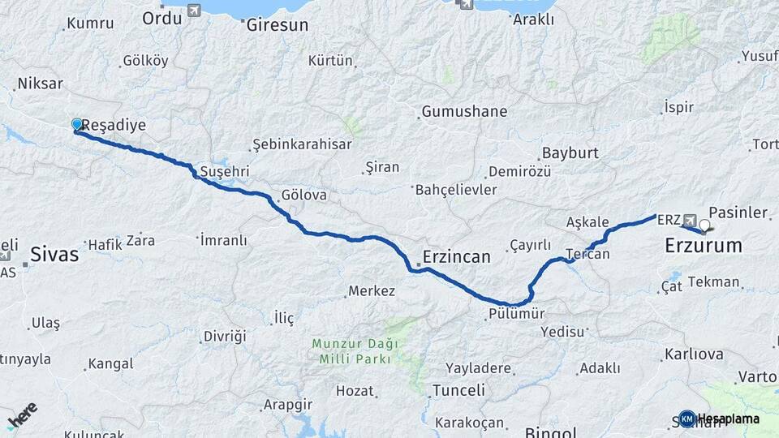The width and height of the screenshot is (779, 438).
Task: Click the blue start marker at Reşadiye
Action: click(77, 124)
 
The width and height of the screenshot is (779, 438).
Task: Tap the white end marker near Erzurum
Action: click(704, 225)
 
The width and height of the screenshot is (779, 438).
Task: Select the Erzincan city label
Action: click(456, 257)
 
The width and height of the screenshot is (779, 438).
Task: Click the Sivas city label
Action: click(54, 255)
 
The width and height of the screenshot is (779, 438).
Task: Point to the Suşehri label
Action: click(224, 173)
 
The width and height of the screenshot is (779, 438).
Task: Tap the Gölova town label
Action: click(303, 195)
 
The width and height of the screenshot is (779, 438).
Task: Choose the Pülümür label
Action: click(516, 313)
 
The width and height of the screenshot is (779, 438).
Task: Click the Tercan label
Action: click(587, 253)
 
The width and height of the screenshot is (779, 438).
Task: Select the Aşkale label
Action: click(587, 221)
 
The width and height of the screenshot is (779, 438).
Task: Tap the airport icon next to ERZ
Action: click(690, 220)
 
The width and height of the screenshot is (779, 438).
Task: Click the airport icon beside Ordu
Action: click(193, 11)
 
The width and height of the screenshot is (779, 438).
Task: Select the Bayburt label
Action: click(570, 152)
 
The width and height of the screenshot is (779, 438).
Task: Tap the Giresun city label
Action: click(278, 25)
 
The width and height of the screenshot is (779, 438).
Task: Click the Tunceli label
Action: click(459, 390)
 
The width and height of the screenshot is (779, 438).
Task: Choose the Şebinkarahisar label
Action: click(302, 144)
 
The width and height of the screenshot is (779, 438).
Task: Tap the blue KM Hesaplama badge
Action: click(687, 419)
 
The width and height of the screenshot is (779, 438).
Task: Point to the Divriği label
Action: click(224, 336)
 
